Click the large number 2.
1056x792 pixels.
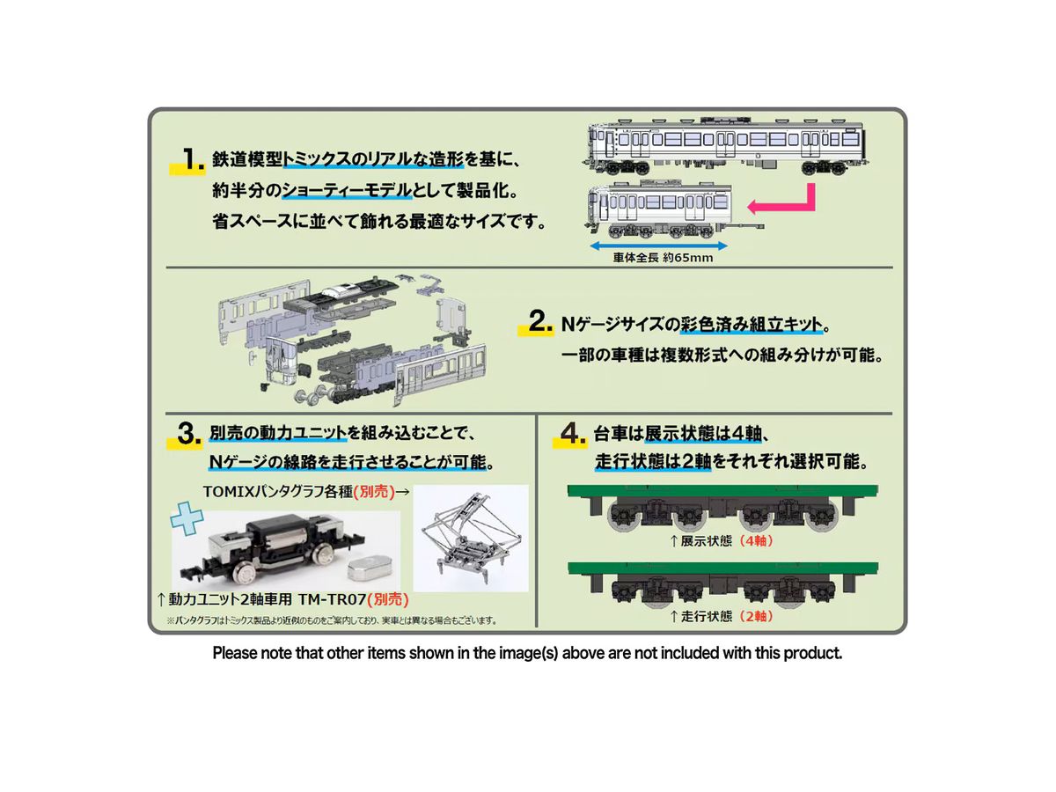[539, 320]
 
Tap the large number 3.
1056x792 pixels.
[188, 434]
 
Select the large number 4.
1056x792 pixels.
[573, 434]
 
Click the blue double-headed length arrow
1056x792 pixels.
[658, 246]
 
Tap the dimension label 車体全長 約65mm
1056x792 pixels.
[663, 258]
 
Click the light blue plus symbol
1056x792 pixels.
[187, 519]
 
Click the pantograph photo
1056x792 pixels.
[471, 538]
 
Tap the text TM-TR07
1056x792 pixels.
[332, 599]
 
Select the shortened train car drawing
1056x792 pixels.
[673, 210]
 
